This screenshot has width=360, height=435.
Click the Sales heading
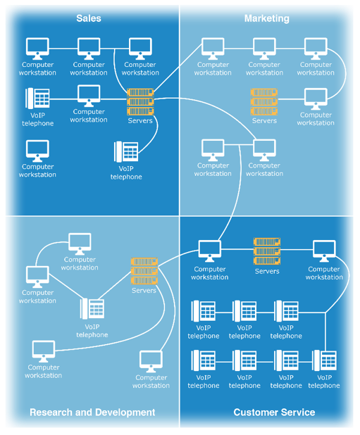pyautogui.click(x=89, y=18)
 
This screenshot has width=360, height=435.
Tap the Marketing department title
pyautogui.click(x=267, y=18)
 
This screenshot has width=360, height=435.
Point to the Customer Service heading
pyautogui.click(x=274, y=412)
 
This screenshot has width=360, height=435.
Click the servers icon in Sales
pyautogui.click(x=140, y=102)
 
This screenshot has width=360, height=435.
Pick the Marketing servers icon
pyautogui.click(x=264, y=102)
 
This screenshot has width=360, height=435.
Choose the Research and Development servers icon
pyautogui.click(x=144, y=271)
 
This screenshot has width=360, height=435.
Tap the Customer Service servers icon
pyautogui.click(x=267, y=251)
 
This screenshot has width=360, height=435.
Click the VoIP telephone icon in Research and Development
pyautogui.click(x=92, y=308)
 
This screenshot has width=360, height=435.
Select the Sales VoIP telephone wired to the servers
pyautogui.click(x=126, y=151)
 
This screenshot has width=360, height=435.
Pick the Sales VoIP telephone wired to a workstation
pyautogui.click(x=37, y=99)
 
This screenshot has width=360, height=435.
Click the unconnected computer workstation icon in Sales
pyautogui.click(x=37, y=151)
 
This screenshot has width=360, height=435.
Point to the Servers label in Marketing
pyautogui.click(x=264, y=120)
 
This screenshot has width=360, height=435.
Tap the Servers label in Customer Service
pyautogui.click(x=267, y=271)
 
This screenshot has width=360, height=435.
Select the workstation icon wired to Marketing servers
pyautogui.click(x=316, y=99)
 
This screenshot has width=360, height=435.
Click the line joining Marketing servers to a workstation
pyautogui.click(x=291, y=99)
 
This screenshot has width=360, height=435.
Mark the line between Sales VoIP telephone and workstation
pyautogui.click(x=63, y=99)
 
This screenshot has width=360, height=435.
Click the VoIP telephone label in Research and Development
pyautogui.click(x=92, y=331)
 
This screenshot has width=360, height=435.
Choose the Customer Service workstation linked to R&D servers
pyautogui.click(x=210, y=251)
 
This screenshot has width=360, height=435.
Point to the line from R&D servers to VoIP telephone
pyautogui.click(x=115, y=285)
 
